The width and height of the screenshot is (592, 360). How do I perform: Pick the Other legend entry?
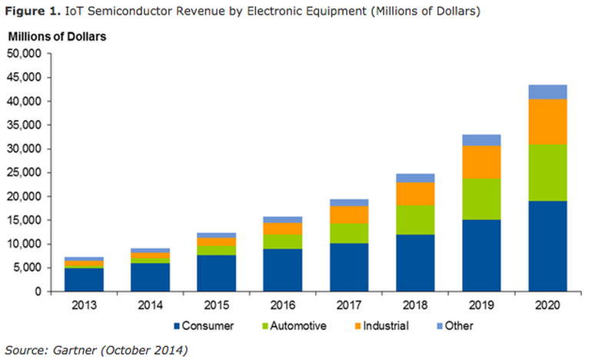(x=460, y=325)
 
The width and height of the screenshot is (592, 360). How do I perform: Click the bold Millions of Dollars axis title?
(x=56, y=36)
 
